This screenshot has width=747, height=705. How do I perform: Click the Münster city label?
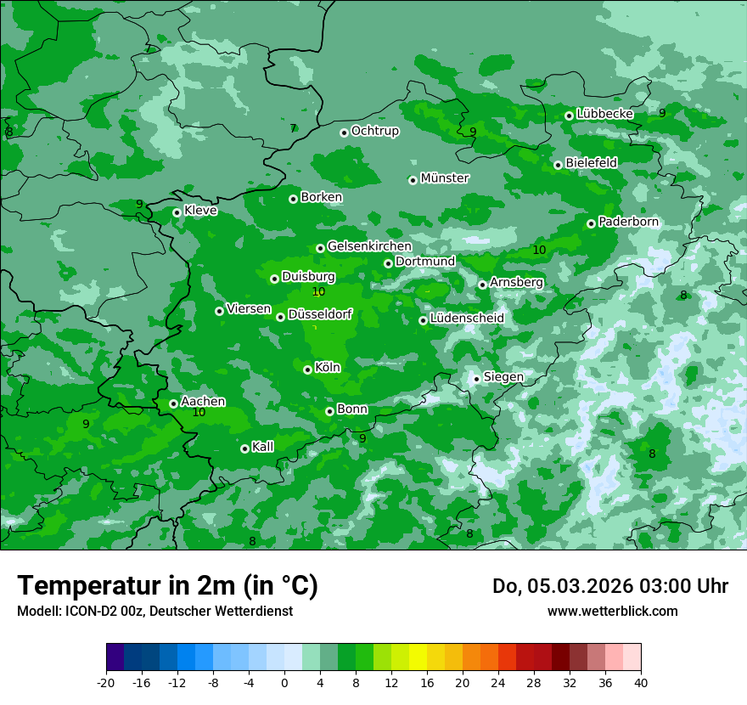(445, 178)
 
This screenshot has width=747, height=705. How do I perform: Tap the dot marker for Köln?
(307, 369)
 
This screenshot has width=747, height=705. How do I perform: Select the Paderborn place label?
(628, 222)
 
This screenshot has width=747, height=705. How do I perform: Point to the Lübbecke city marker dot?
(569, 116)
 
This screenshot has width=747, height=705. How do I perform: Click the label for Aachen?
(203, 401)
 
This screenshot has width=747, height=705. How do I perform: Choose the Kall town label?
(262, 447)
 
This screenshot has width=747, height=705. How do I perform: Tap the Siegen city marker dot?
(476, 379)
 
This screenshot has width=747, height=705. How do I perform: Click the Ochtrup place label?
(374, 131)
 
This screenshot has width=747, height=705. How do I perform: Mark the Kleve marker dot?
(177, 212)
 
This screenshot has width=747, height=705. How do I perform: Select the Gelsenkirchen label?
(369, 246)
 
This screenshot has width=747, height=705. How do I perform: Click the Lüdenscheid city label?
(467, 319)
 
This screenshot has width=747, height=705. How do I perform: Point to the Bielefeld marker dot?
(558, 165)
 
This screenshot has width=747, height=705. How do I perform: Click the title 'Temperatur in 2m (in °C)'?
(167, 585)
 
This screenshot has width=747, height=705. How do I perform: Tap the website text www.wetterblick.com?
(612, 611)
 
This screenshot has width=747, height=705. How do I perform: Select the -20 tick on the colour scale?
(106, 682)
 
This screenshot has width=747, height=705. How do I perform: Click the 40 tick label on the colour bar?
(641, 682)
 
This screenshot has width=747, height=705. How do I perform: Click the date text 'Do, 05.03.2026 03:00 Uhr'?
(609, 586)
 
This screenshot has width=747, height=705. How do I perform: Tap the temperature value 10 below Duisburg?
(318, 291)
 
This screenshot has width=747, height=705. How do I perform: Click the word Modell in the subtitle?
(37, 611)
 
